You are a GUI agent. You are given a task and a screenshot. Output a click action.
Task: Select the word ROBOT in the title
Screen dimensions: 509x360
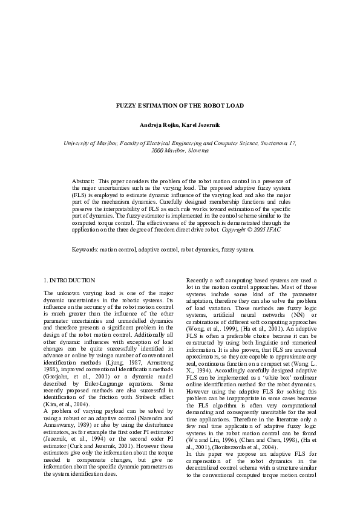pyautogui.click(x=208, y=106)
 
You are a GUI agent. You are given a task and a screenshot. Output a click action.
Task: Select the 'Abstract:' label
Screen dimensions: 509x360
pyautogui.click(x=83, y=181)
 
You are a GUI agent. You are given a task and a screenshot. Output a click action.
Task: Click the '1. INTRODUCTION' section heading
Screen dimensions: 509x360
pyautogui.click(x=70, y=280)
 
